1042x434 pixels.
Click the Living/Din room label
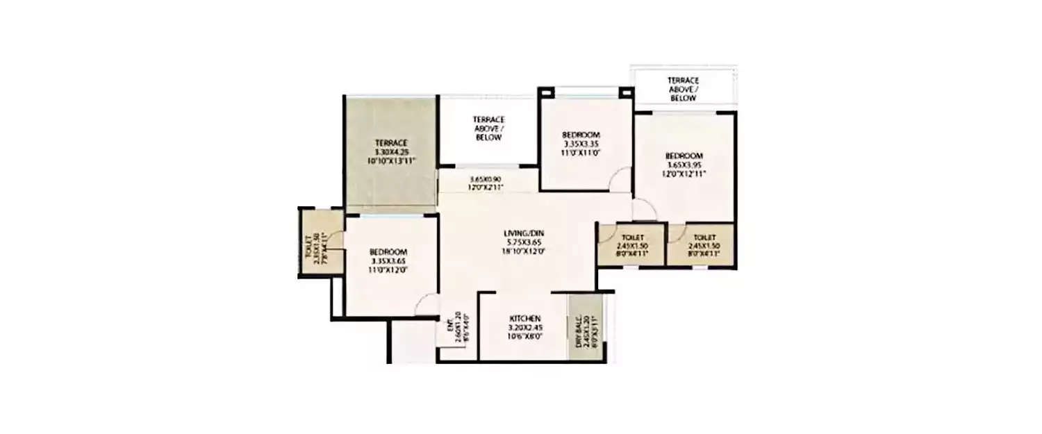coord(524,232)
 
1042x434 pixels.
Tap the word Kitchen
coord(524,318)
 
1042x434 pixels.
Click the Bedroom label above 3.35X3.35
coord(581,135)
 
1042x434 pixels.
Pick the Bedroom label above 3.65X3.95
coord(684,156)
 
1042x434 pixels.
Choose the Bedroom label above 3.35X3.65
coord(388,251)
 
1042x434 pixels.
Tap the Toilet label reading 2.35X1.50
coord(310,247)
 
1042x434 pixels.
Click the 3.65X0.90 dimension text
coord(486,178)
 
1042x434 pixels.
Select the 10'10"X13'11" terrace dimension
coord(390,161)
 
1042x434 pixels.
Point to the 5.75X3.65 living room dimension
coord(524,242)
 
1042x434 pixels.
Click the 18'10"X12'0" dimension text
coord(524,251)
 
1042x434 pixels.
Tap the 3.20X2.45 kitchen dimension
coord(524,327)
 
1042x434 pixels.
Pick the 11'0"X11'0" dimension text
coord(581,154)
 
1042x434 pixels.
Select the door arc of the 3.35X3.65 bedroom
coord(427,303)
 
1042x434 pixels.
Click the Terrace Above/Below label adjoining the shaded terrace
coord(488,128)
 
